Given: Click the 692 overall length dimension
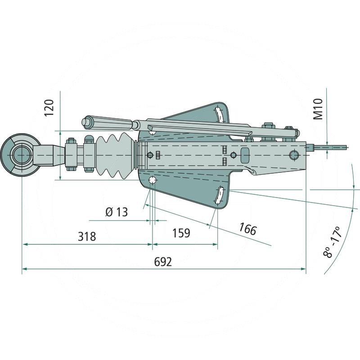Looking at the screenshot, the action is point(163,261).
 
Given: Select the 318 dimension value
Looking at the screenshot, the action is point(87,237).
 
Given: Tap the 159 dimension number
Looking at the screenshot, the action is point(181,233).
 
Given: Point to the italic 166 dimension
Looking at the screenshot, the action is point(247,229).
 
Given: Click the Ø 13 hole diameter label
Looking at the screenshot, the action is point(117,212).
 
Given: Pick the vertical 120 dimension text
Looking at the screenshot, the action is point(49,108).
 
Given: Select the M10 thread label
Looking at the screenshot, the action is point(318,109).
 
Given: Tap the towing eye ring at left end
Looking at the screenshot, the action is point(19,155).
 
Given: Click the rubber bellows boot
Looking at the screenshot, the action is point(114,155).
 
